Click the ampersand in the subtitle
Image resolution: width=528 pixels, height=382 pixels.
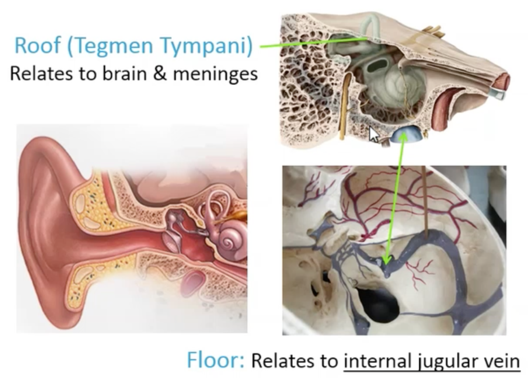click(x=160, y=74)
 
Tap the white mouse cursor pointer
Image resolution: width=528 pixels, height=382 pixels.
click(x=373, y=134)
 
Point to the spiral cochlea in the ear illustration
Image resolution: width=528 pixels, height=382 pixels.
click(x=228, y=241)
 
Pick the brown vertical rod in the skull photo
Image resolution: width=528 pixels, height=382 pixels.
click(x=425, y=202)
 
